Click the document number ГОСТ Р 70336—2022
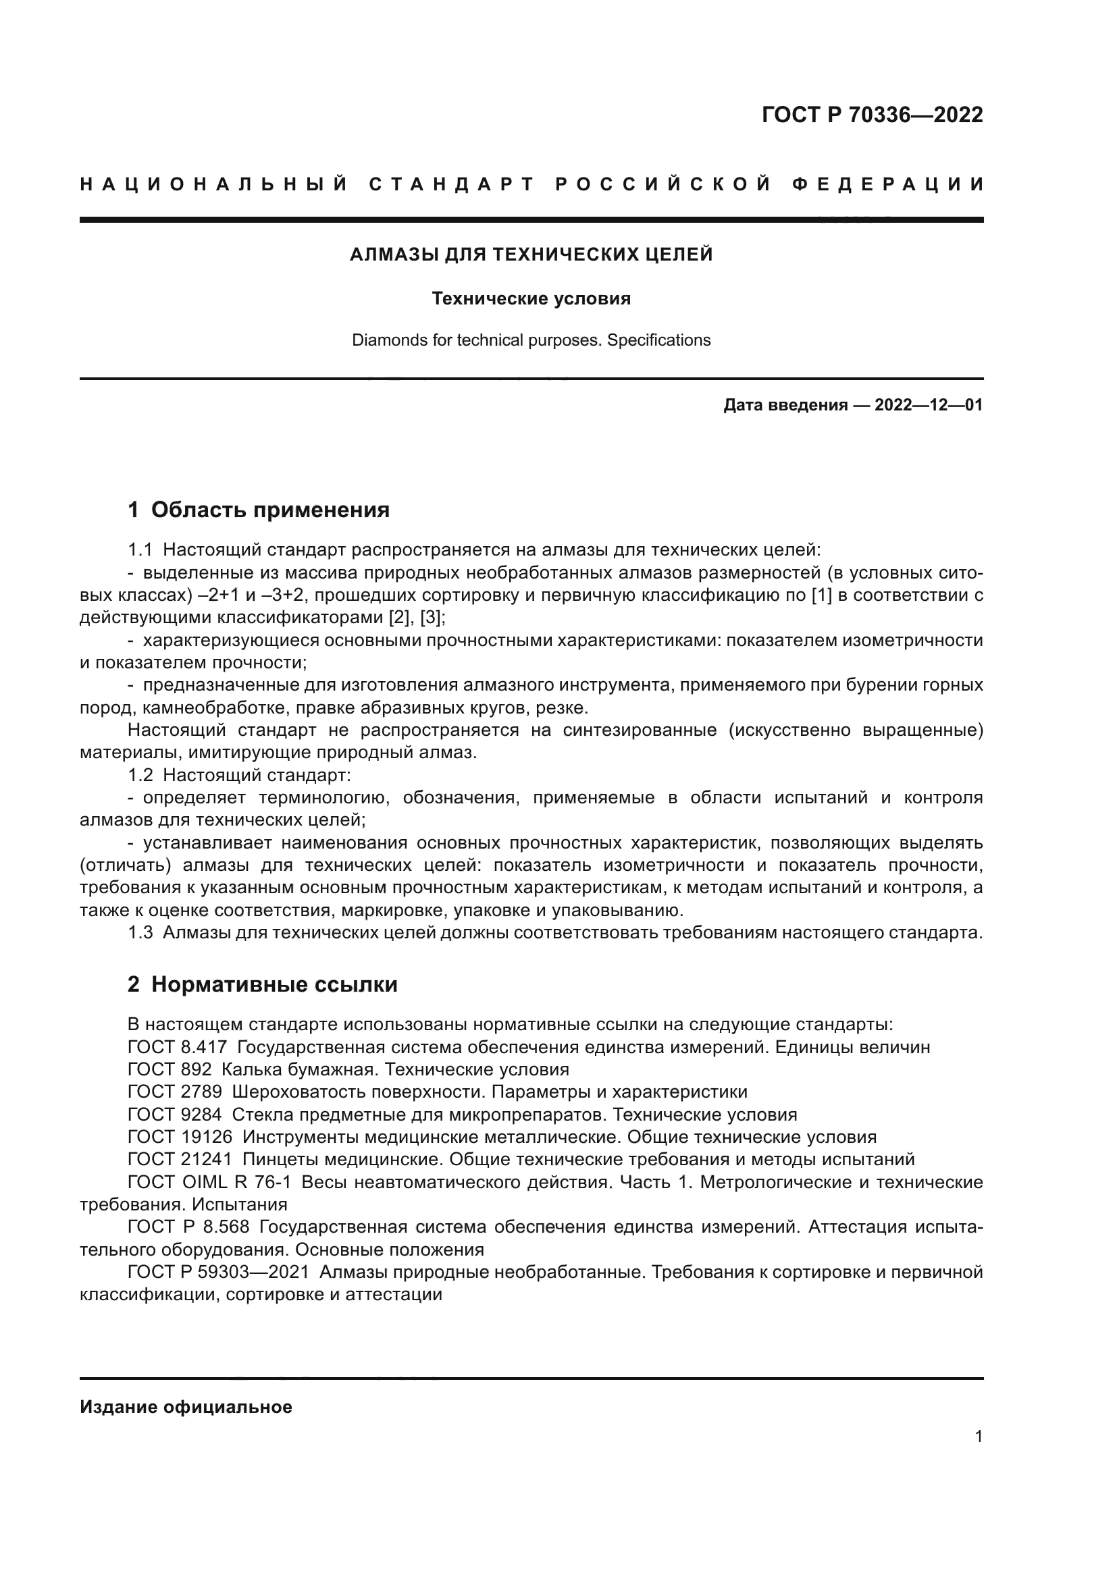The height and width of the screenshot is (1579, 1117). coord(872,115)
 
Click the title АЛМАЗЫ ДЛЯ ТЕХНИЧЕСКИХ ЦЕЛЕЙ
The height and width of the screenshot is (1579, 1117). coord(531,255)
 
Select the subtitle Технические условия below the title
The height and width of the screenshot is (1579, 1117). coord(531,298)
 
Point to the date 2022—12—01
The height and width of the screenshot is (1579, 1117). coord(928,405)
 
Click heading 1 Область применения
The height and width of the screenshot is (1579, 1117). coord(259,510)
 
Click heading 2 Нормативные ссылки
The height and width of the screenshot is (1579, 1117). coord(262,985)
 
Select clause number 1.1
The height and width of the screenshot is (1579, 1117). coord(140,550)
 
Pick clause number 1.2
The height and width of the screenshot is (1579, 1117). coord(140,775)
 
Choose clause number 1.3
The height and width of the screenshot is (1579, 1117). coord(140,933)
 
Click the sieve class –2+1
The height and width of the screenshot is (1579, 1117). coord(235,595)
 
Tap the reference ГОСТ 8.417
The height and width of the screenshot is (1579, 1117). coord(177,1048)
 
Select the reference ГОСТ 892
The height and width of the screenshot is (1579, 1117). coord(170,1069)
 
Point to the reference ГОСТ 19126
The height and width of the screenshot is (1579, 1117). coord(180,1137)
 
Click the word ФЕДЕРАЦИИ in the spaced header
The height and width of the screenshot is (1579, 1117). coord(888,184)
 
